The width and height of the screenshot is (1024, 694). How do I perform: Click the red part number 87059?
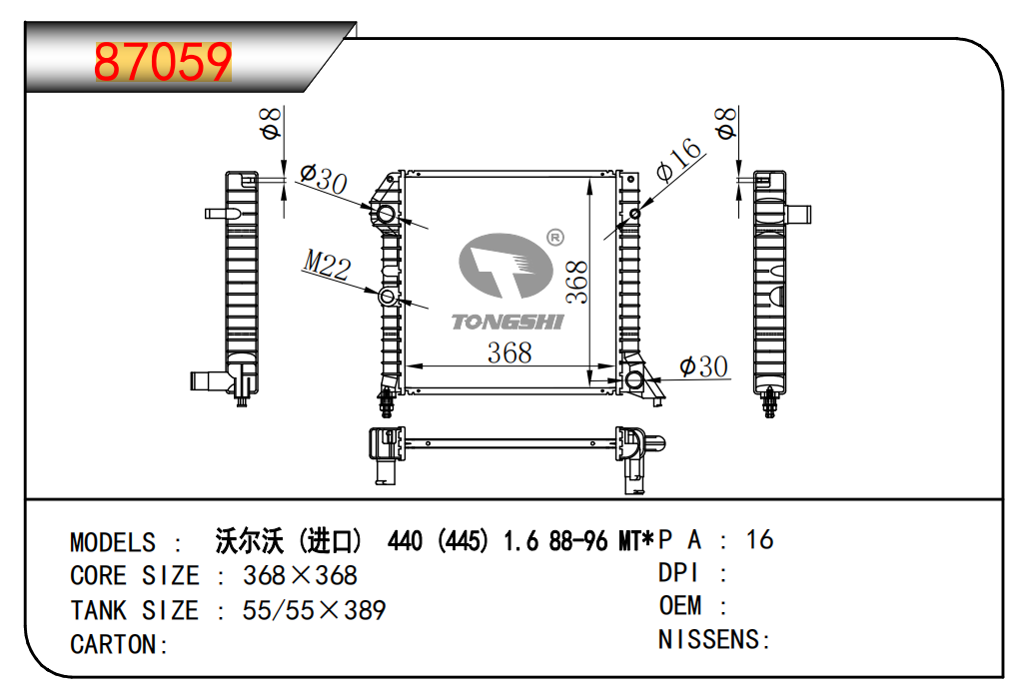[x=163, y=62]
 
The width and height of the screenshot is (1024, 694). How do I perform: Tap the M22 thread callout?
[x=327, y=265]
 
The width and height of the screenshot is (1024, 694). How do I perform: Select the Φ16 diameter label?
[x=679, y=159]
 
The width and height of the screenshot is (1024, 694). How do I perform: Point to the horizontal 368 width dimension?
[x=510, y=353]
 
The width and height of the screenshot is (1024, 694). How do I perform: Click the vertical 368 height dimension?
[x=577, y=282]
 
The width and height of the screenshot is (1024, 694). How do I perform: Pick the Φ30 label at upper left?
[x=324, y=178]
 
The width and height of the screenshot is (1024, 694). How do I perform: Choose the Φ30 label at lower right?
[x=703, y=366]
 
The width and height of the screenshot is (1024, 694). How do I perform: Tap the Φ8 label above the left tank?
[x=271, y=124]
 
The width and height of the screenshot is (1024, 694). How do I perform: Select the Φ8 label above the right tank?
[x=725, y=123]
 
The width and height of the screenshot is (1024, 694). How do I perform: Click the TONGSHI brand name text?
[x=507, y=322]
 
